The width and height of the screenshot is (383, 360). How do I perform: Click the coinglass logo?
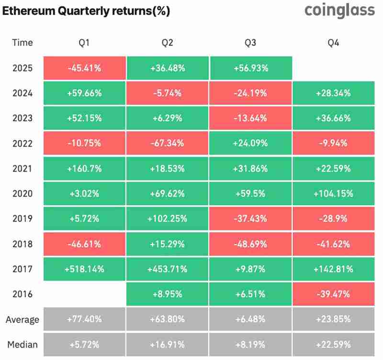pos(339,11)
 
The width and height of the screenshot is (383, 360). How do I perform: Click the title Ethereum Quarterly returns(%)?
pos(86,11)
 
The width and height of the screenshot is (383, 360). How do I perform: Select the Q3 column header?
pos(250,43)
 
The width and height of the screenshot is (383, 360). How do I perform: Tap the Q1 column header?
pos(84,43)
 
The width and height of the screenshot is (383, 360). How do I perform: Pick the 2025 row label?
pos(23,68)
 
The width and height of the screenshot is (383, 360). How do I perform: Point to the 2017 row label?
pos(23,269)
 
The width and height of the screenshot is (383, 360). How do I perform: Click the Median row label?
pos(22,344)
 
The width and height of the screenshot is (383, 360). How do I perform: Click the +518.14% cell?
pos(84,269)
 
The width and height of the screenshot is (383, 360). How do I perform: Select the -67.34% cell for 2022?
pos(168,143)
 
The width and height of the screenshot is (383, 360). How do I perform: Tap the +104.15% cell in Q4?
pos(333,194)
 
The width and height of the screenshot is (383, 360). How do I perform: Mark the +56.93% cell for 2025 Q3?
pos(250,68)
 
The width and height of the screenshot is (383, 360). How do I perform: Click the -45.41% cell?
pos(84,68)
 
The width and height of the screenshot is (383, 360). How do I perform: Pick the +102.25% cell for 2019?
pos(168,219)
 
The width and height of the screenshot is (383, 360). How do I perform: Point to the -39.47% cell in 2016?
pos(333,294)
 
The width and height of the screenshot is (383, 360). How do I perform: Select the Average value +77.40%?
pos(84,319)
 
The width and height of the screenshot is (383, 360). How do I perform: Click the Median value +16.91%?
pos(168,344)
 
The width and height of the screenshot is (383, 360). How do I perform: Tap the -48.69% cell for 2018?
pos(250,244)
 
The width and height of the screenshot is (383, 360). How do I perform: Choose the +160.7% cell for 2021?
pos(84,168)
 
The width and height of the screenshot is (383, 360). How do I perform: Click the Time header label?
pos(23,43)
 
